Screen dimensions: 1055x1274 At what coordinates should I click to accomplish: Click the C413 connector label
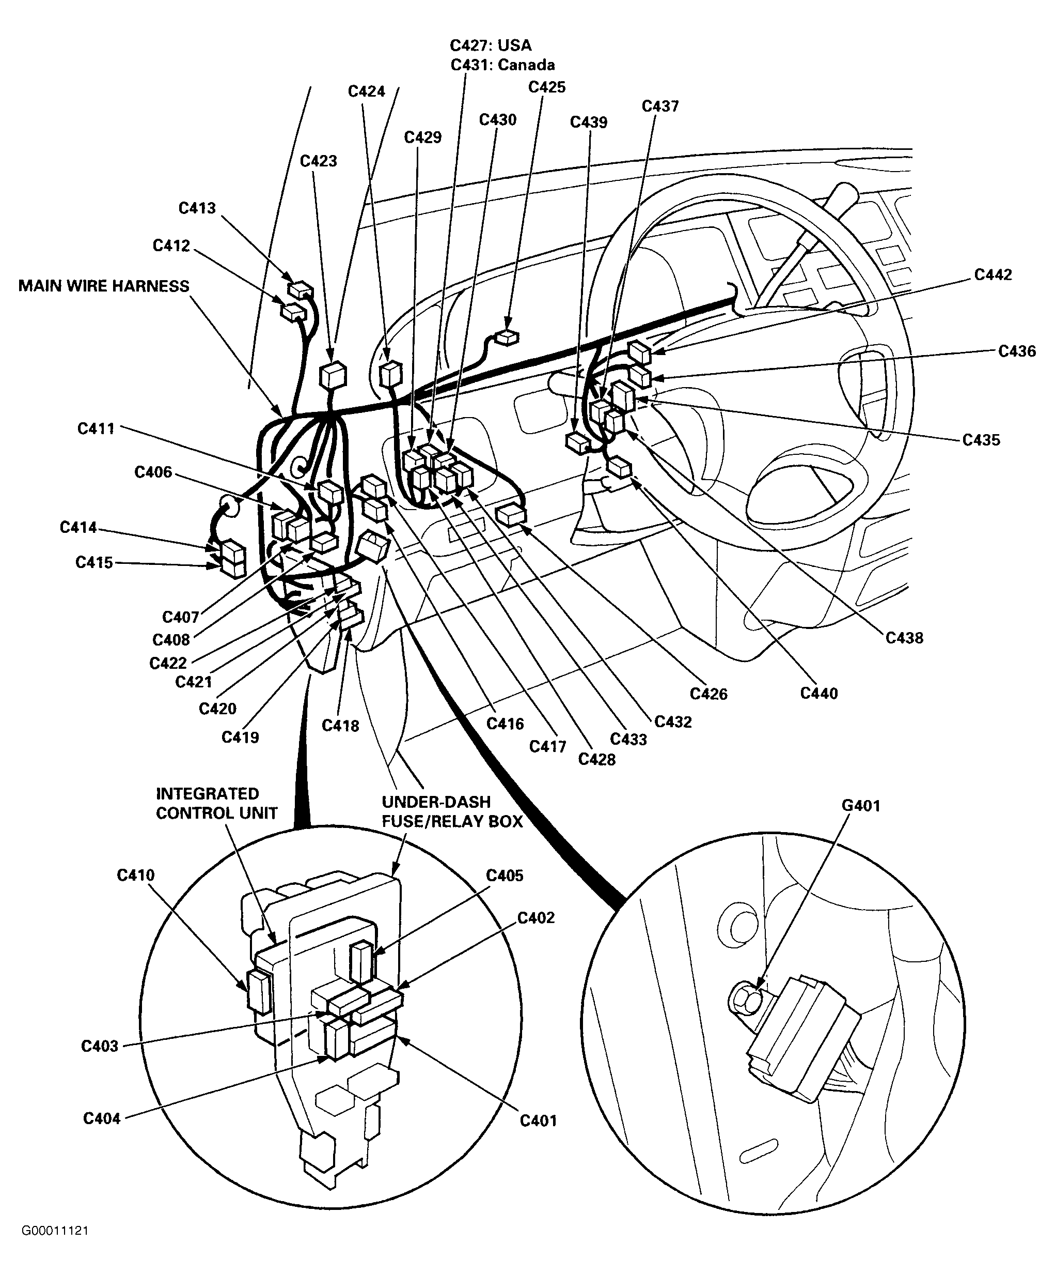197,208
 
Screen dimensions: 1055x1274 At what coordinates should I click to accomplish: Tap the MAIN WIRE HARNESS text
104,286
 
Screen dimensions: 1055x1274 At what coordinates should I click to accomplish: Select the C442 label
993,275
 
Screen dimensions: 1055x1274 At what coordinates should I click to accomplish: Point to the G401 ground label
860,806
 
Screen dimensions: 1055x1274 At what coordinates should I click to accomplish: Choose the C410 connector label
136,875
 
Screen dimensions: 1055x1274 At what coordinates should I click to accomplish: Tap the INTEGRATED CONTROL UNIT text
216,803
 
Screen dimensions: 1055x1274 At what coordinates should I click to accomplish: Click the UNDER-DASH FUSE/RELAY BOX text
452,812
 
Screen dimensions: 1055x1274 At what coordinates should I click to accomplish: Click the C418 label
340,725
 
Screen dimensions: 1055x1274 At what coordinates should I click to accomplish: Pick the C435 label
981,440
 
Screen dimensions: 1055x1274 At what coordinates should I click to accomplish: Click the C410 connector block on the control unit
259,991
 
